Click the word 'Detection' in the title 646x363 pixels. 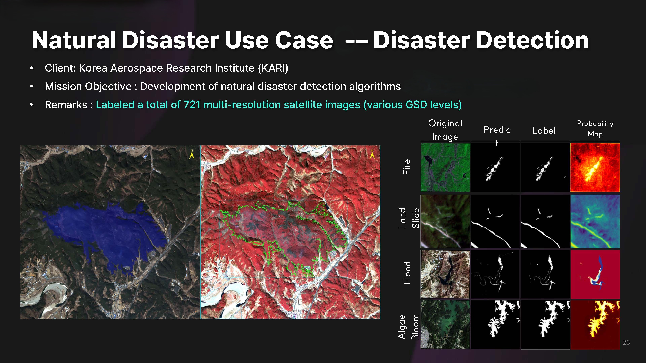click(x=532, y=40)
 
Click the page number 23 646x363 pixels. click(x=626, y=342)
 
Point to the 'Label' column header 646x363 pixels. click(x=544, y=131)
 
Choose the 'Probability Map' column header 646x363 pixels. click(x=595, y=129)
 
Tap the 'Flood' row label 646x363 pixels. click(x=407, y=273)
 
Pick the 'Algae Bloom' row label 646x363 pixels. click(x=408, y=327)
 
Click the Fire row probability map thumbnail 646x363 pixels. click(x=595, y=167)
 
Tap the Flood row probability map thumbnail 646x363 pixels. click(x=595, y=274)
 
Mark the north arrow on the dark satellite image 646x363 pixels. click(x=192, y=154)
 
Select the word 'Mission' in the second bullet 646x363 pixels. click(x=63, y=86)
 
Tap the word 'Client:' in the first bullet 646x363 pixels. click(x=60, y=68)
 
